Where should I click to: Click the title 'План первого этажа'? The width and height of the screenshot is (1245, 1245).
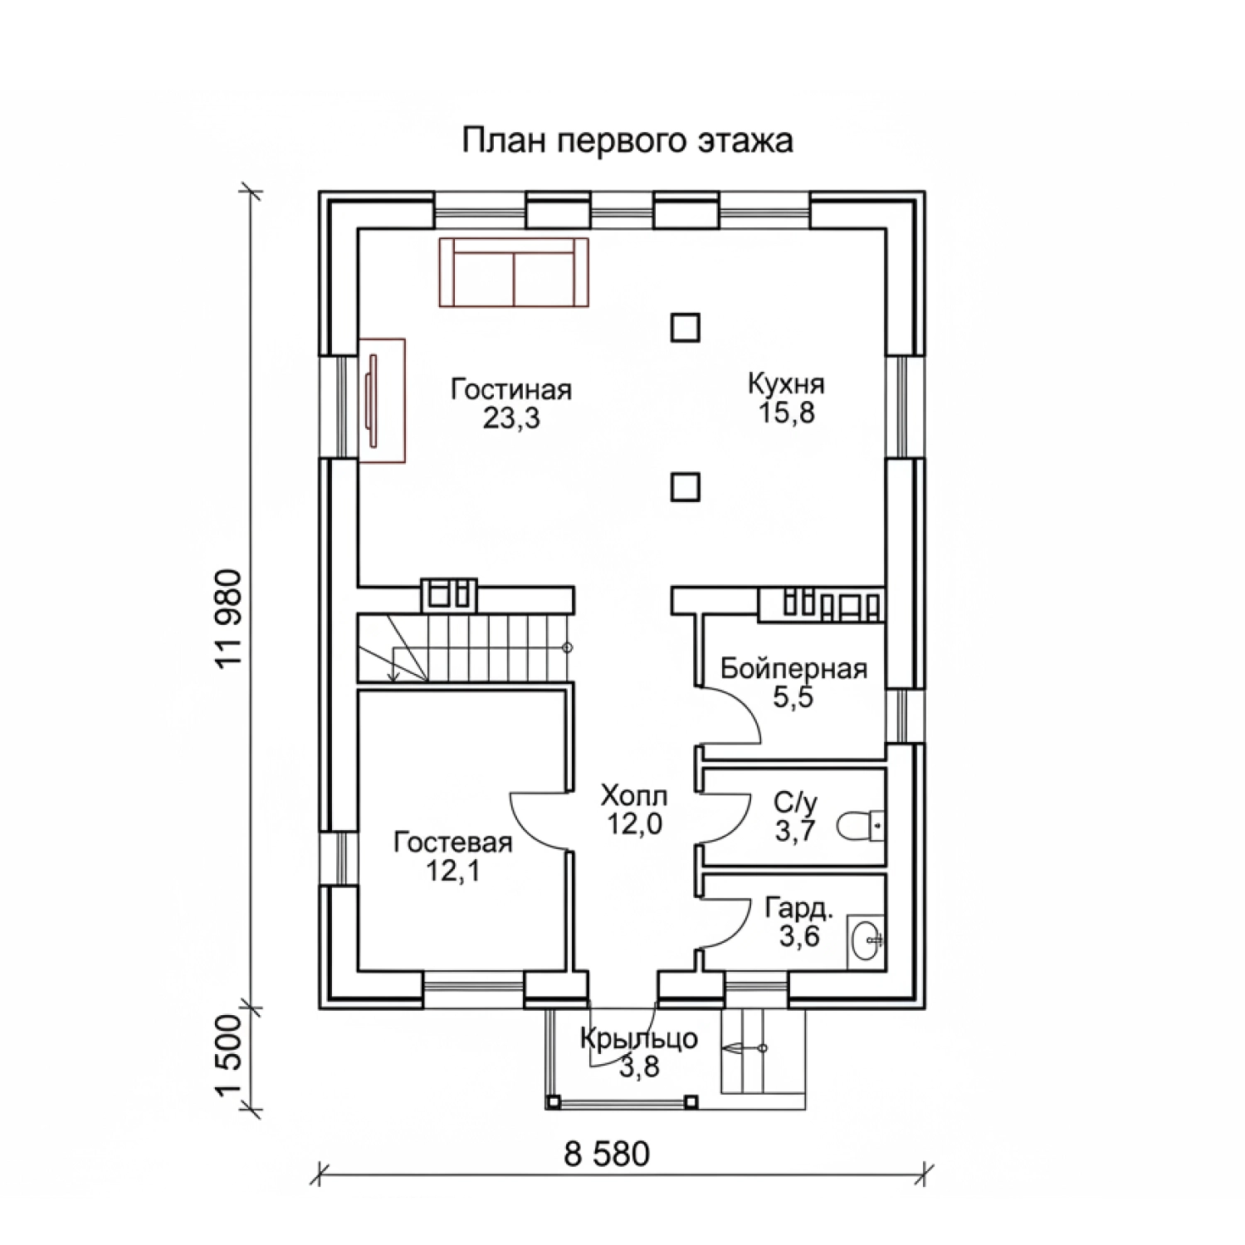point(627,141)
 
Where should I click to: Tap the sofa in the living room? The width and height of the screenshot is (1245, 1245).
point(514,273)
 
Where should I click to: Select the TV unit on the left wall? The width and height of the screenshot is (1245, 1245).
point(382,400)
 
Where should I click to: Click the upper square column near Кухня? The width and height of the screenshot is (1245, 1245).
point(685,328)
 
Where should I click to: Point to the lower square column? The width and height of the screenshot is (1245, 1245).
point(685,487)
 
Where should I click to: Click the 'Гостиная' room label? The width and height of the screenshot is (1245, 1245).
point(511,389)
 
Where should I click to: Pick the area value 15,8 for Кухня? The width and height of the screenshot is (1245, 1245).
point(786,413)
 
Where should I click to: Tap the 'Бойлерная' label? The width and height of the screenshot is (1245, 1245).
point(793,669)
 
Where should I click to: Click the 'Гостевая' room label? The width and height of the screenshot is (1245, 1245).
point(453,842)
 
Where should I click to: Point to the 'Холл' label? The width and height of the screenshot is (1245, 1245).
point(634,797)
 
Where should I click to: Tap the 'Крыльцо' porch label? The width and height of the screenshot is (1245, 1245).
point(638,1039)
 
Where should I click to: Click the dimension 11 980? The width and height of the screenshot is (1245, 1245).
point(228,618)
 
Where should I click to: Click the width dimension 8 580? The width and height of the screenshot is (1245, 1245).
point(607,1155)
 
